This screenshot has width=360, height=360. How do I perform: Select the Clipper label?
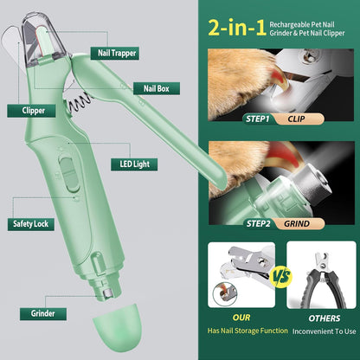pos(29,111)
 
